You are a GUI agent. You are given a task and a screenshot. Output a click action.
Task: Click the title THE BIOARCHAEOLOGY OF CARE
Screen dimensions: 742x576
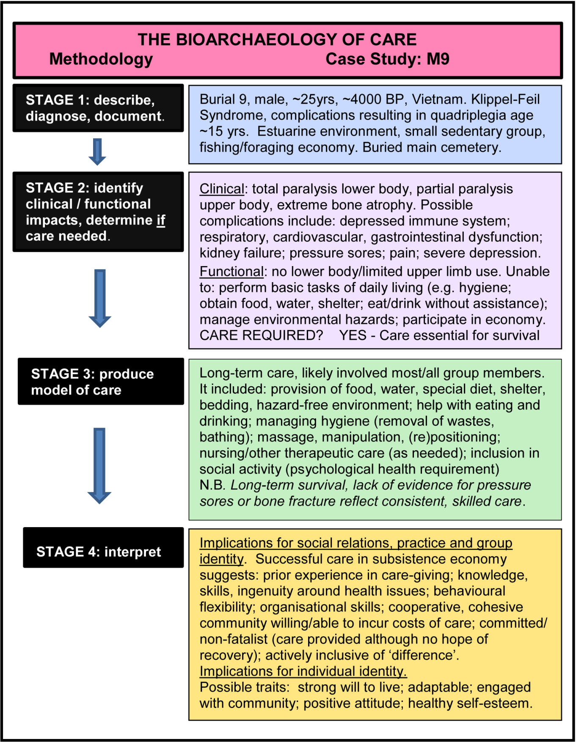(277, 40)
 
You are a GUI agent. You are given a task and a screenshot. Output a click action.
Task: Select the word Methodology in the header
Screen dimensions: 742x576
(101, 59)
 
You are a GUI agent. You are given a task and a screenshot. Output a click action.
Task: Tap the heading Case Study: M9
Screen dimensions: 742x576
(387, 59)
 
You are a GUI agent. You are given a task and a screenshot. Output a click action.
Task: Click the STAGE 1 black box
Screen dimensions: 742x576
(98, 108)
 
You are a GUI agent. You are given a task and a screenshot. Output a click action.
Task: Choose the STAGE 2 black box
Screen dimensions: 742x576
(98, 212)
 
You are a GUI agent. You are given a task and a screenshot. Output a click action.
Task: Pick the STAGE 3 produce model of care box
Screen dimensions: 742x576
(101, 382)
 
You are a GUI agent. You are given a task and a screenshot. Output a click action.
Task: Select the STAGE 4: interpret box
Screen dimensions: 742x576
(103, 547)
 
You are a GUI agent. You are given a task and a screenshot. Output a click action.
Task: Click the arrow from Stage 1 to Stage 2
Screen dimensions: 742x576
(97, 151)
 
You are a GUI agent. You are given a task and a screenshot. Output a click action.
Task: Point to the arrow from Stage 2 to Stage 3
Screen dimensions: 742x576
(100, 298)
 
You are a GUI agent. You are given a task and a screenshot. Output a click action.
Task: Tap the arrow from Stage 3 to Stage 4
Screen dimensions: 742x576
(99, 465)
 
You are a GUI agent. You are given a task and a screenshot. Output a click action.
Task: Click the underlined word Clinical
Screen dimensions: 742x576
(222, 189)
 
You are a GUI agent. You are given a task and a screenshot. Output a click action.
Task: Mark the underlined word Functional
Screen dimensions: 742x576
(232, 272)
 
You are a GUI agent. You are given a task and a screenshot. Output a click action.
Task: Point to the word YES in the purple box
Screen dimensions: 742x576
(353, 335)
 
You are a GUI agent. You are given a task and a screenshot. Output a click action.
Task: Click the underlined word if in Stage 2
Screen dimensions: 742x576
(161, 220)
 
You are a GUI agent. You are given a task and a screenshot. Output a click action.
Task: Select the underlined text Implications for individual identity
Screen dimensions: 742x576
(303, 671)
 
